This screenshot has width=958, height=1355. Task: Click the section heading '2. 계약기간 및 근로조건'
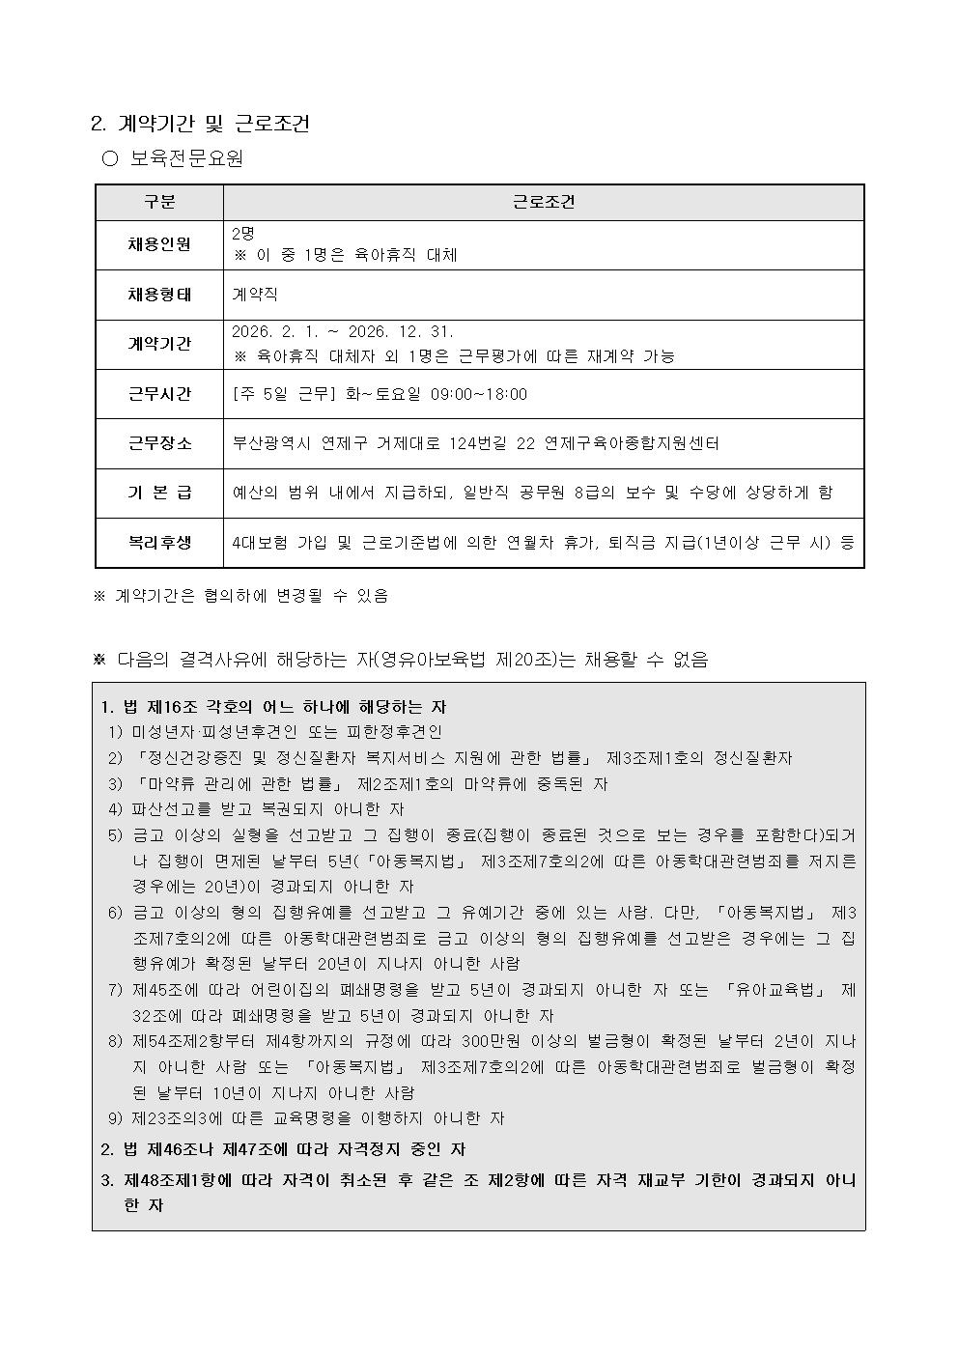click(200, 124)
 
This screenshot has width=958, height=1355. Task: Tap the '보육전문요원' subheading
click(186, 158)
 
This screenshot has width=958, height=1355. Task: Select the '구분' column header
click(159, 202)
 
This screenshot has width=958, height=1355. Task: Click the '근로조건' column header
click(543, 202)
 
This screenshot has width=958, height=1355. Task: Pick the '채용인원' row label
click(159, 244)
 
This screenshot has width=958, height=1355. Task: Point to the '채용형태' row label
click(159, 295)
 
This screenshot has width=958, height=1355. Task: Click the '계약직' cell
click(255, 295)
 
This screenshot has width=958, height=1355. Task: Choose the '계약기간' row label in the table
click(159, 344)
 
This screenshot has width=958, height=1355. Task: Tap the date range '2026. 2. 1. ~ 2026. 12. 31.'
click(343, 331)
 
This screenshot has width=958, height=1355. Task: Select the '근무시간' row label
click(159, 394)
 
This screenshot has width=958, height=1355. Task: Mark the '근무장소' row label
click(159, 443)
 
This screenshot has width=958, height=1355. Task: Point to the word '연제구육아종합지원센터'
click(632, 443)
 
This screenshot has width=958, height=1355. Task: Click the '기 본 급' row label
click(159, 493)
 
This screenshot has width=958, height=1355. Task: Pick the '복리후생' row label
click(159, 543)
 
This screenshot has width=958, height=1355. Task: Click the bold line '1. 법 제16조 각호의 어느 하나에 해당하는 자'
click(273, 707)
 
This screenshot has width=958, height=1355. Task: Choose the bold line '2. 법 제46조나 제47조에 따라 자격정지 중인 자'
click(283, 1149)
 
